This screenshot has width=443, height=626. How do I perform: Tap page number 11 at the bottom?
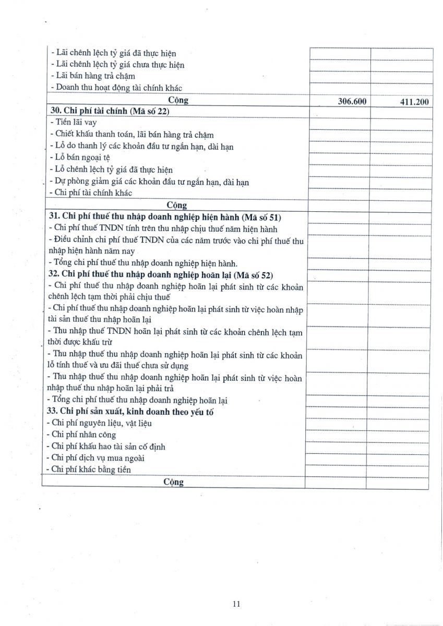pos(236,604)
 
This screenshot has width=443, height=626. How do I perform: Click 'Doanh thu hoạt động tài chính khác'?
pos(118,88)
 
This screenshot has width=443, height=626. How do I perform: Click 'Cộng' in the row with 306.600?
pos(178,100)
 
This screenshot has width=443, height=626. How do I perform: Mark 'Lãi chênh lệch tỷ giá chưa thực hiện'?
pos(117,65)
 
